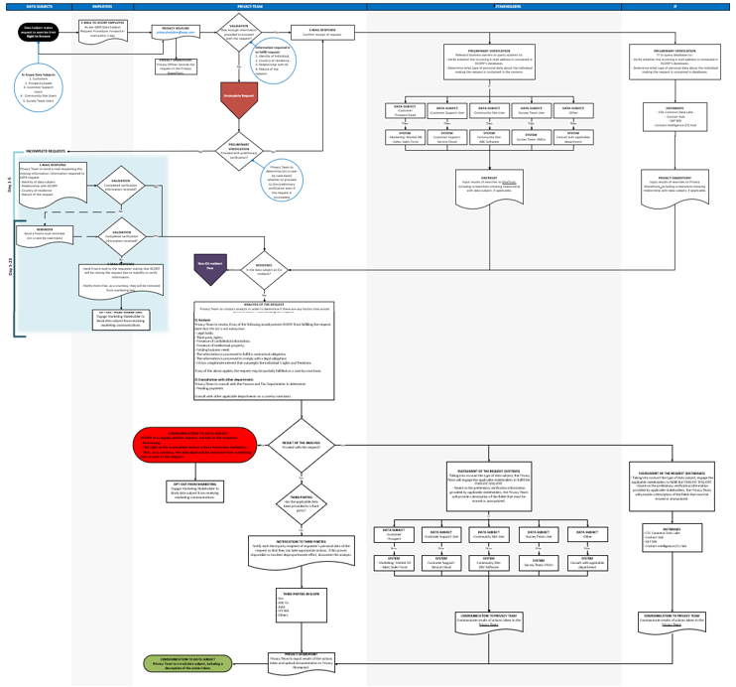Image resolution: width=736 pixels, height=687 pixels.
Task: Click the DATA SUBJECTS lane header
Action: (x=37, y=7)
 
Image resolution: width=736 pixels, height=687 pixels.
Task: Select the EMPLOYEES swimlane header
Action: (x=110, y=7)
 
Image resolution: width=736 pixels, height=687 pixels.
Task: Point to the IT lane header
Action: (x=675, y=7)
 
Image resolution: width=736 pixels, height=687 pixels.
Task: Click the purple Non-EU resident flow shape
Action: (x=210, y=265)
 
